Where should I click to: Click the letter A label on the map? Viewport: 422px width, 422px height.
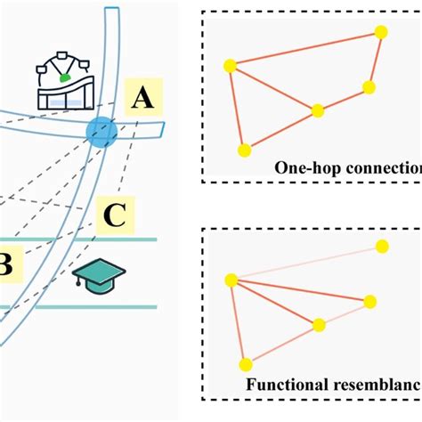[142, 101]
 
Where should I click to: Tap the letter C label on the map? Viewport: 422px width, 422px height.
[115, 215]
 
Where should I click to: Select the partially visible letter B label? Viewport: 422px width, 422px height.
[4, 265]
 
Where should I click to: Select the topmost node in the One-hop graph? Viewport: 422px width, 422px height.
[381, 32]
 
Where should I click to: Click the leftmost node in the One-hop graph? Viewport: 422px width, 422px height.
[230, 65]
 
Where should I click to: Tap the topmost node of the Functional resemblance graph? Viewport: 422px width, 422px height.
[382, 245]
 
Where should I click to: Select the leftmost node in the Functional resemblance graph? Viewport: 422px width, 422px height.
[231, 280]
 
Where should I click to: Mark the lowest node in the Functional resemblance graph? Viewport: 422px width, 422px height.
[247, 364]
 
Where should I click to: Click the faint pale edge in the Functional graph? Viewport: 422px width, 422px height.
[307, 263]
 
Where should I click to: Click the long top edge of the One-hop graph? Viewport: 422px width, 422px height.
[305, 48]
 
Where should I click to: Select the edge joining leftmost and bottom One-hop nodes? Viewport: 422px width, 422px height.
[235, 107]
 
